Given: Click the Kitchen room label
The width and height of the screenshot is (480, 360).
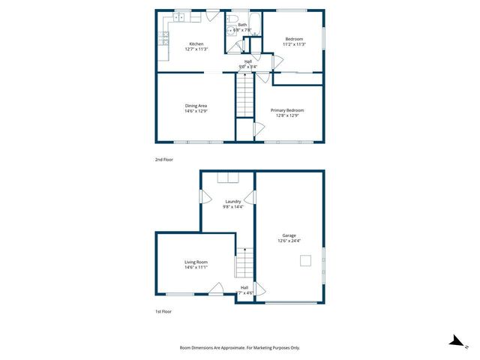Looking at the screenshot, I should pyautogui.click(x=196, y=43).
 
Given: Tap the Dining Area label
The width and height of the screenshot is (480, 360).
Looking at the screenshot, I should pyautogui.click(x=196, y=106).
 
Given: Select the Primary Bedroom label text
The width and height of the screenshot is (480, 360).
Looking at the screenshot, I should pyautogui.click(x=287, y=110).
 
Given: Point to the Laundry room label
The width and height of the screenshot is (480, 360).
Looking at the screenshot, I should pyautogui.click(x=233, y=200).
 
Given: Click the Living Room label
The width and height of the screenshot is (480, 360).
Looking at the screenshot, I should pyautogui.click(x=196, y=262).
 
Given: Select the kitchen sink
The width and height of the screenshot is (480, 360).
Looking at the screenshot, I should pyautogui.click(x=181, y=15).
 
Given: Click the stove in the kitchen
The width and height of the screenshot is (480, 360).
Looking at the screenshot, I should pyautogui.click(x=163, y=38).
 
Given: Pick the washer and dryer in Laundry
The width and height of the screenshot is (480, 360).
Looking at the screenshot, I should pyautogui.click(x=226, y=178).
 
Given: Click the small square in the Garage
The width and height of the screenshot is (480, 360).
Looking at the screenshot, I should pyautogui.click(x=305, y=260).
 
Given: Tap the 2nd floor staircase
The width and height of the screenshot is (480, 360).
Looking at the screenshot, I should pyautogui.click(x=245, y=97).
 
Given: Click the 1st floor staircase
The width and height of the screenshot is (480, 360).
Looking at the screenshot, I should pyautogui.click(x=244, y=264).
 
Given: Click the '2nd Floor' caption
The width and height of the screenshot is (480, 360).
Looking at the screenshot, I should pyautogui.click(x=163, y=160).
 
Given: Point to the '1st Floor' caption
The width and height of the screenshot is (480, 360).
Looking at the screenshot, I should pyautogui.click(x=163, y=311).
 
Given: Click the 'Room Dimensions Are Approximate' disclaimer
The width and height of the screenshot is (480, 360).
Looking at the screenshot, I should pyautogui.click(x=240, y=348).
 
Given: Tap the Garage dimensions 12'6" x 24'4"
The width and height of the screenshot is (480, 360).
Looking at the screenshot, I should pyautogui.click(x=289, y=241).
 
